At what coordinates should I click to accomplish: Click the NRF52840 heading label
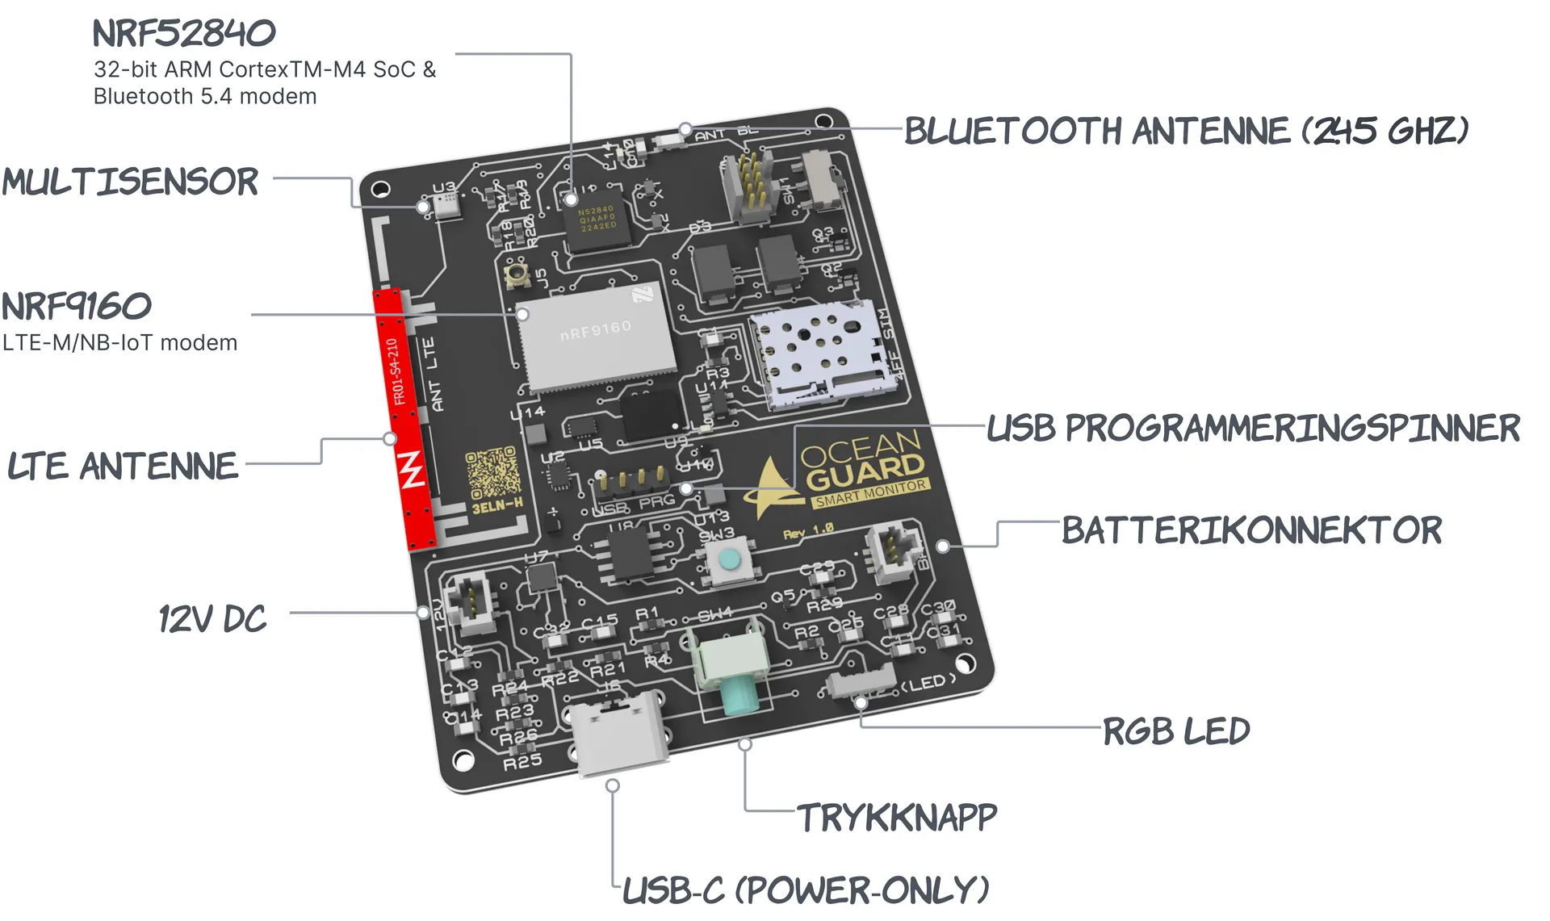[184, 33]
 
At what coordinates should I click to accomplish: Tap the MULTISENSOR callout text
[131, 182]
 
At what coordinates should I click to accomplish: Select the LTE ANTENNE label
[123, 467]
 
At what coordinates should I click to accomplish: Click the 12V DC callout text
[212, 619]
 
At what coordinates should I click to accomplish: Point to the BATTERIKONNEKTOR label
[1251, 530]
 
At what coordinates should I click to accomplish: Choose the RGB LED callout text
[1176, 731]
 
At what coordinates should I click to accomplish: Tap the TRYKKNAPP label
[897, 818]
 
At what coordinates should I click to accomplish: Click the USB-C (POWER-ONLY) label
[806, 890]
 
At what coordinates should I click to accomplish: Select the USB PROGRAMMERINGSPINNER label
[1254, 428]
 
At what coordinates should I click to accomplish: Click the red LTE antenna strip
[404, 420]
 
